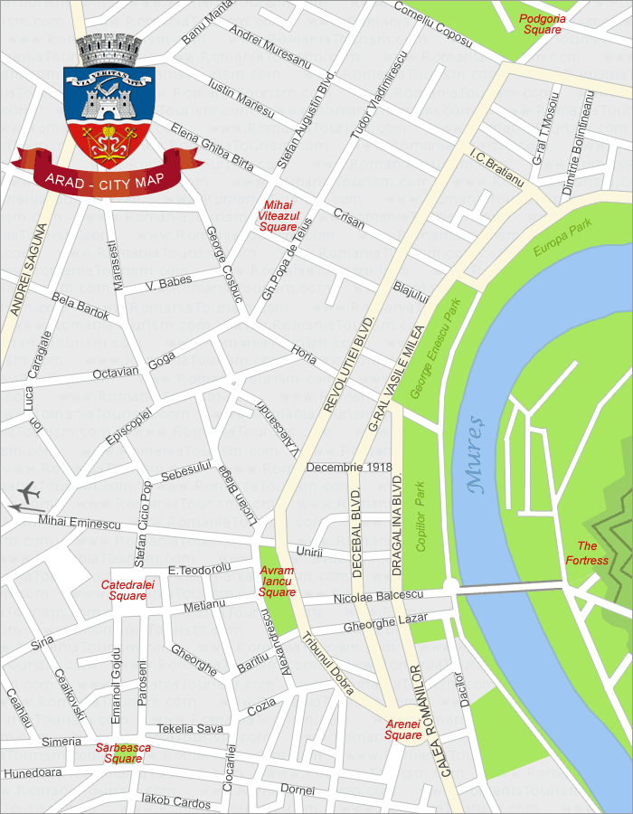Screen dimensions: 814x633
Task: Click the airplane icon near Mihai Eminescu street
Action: click(28, 494)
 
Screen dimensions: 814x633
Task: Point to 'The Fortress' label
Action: click(587, 553)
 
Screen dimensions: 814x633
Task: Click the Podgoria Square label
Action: click(543, 24)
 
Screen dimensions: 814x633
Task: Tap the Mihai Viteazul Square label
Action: click(278, 215)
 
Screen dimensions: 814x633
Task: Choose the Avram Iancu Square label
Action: click(277, 582)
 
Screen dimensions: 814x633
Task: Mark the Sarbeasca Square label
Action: click(123, 753)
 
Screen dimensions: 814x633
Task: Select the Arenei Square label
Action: click(403, 729)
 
